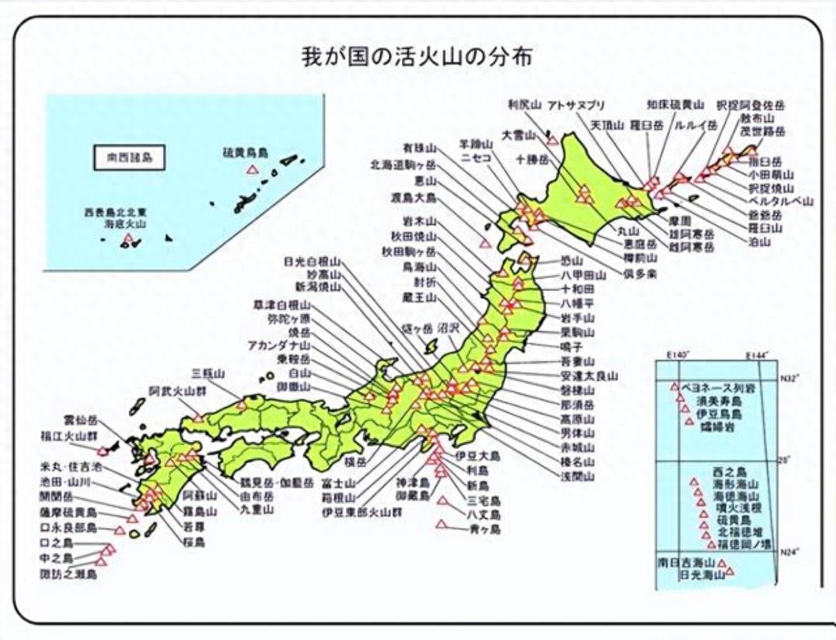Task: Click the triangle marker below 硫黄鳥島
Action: [x=252, y=169]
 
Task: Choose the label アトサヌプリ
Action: [x=576, y=105]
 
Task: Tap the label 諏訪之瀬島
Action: [x=68, y=575]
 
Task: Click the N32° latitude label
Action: [x=789, y=378]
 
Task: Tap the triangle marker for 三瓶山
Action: [x=242, y=404]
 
